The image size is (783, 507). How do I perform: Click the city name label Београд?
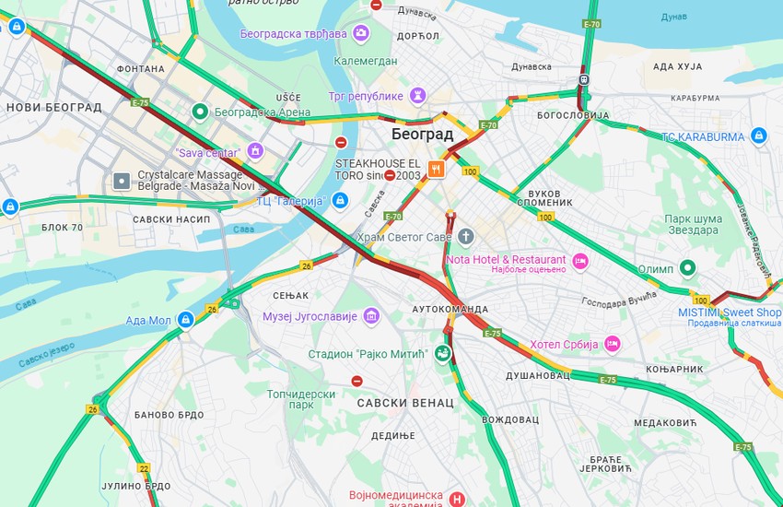pos(422,135)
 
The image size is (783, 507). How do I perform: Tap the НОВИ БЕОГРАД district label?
pos(53,107)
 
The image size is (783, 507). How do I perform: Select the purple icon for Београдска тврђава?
pos(361,33)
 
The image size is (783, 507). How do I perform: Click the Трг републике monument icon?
pos(418,96)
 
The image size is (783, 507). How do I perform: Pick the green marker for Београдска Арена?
pos(199,112)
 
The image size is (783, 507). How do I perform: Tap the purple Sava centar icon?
pos(255,151)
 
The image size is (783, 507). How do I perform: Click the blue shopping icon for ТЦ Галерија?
pos(340,200)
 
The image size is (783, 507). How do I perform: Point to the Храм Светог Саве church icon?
pos(466,237)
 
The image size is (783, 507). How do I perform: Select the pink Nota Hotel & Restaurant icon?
pos(580,260)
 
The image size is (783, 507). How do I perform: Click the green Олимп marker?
pos(687,268)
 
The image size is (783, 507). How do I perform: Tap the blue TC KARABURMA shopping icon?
pos(758,137)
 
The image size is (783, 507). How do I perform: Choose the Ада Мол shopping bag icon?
pos(185,320)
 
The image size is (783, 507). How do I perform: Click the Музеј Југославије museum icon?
pos(370,316)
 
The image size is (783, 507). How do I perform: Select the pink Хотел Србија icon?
pos(612,344)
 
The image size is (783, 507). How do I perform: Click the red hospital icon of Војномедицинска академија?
pos(458,499)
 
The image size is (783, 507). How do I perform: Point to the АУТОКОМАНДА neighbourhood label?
pos(450,309)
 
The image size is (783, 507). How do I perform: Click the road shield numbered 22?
pos(144,469)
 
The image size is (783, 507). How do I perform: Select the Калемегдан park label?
pos(366,62)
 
